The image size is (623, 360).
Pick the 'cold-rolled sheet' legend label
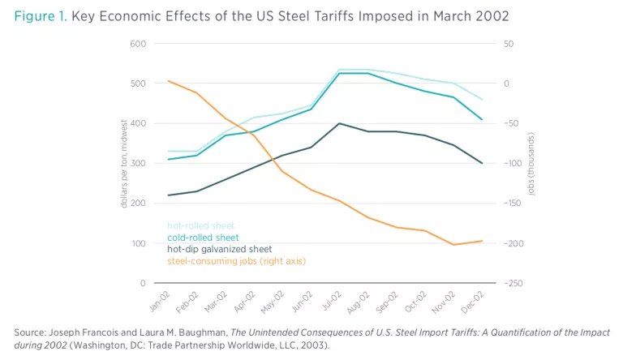pyautogui.click(x=203, y=237)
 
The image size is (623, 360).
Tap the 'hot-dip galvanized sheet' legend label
pyautogui.click(x=219, y=249)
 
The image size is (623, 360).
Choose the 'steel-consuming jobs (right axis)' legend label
pyautogui.click(x=236, y=261)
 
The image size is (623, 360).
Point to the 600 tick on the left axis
pyautogui.click(x=138, y=43)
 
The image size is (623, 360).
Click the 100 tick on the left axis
pyautogui.click(x=138, y=243)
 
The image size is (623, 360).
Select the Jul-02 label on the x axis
pyautogui.click(x=331, y=301)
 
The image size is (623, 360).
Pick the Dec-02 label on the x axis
pyautogui.click(x=476, y=301)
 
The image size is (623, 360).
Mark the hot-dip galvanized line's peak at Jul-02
pyautogui.click(x=338, y=123)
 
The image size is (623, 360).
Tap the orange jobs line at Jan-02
pyautogui.click(x=167, y=80)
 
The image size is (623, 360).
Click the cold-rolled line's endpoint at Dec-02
pyautogui.click(x=483, y=120)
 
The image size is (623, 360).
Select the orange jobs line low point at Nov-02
pyautogui.click(x=454, y=245)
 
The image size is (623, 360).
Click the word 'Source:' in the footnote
pyautogui.click(x=32, y=333)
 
